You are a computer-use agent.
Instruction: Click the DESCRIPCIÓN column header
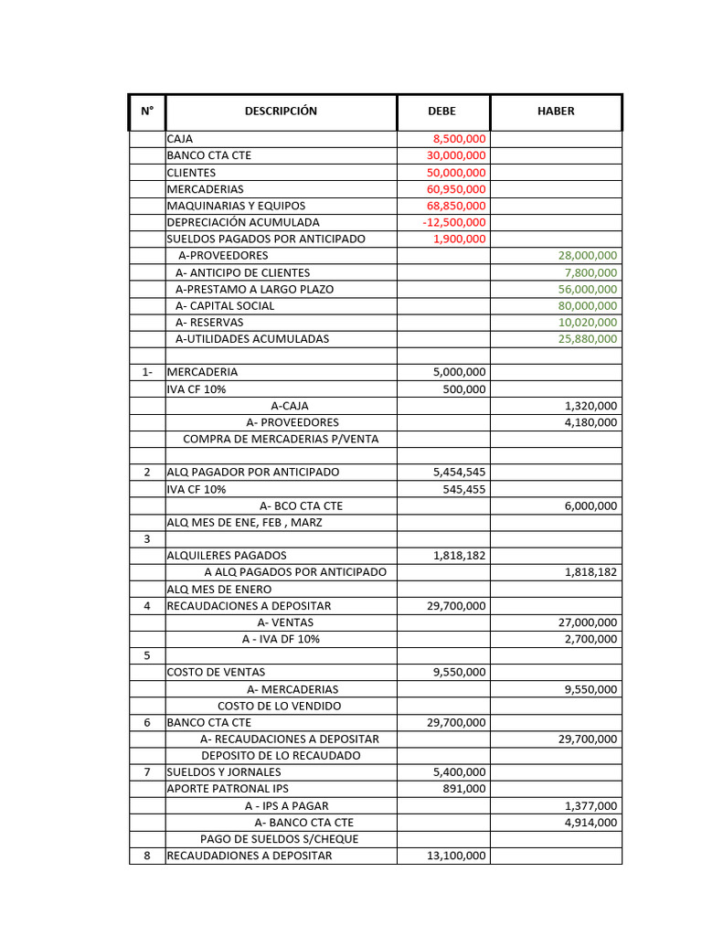click(x=281, y=112)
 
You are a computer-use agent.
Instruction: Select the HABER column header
click(x=556, y=112)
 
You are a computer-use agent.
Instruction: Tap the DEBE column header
click(x=442, y=112)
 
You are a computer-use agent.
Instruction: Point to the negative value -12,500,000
click(x=454, y=222)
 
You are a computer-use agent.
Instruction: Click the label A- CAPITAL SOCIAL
click(x=225, y=305)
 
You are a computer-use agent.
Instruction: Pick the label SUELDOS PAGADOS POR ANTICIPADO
click(x=266, y=239)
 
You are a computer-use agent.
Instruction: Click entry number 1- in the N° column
click(x=147, y=372)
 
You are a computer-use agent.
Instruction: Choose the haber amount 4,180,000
click(x=590, y=422)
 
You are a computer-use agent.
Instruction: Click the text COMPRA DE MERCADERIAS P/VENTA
click(x=281, y=439)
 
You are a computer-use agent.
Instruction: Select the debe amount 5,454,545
click(x=459, y=472)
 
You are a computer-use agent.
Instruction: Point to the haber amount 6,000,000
click(x=590, y=505)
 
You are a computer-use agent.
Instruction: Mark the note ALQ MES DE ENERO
click(x=218, y=590)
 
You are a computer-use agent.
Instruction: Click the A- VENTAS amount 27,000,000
click(x=587, y=622)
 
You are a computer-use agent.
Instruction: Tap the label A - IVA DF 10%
click(x=281, y=639)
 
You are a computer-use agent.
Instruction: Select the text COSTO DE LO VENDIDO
click(x=279, y=706)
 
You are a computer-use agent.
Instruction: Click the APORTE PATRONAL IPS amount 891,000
click(x=466, y=789)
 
